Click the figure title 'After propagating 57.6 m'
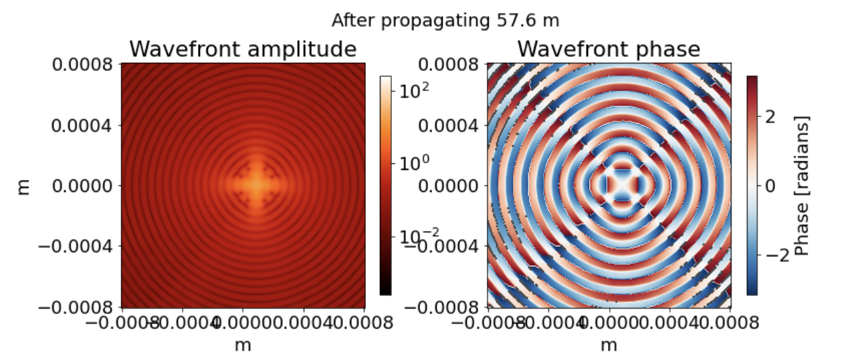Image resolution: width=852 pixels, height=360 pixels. (445, 21)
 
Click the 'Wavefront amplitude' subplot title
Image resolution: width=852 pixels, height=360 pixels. (243, 49)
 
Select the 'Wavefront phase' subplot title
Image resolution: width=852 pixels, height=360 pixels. (609, 49)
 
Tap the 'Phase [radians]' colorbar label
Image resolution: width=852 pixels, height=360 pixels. (803, 185)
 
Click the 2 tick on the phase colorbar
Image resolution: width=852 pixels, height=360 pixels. (770, 116)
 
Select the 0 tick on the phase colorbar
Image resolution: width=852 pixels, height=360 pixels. (770, 185)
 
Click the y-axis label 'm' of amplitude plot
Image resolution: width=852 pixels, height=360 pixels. (24, 186)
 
